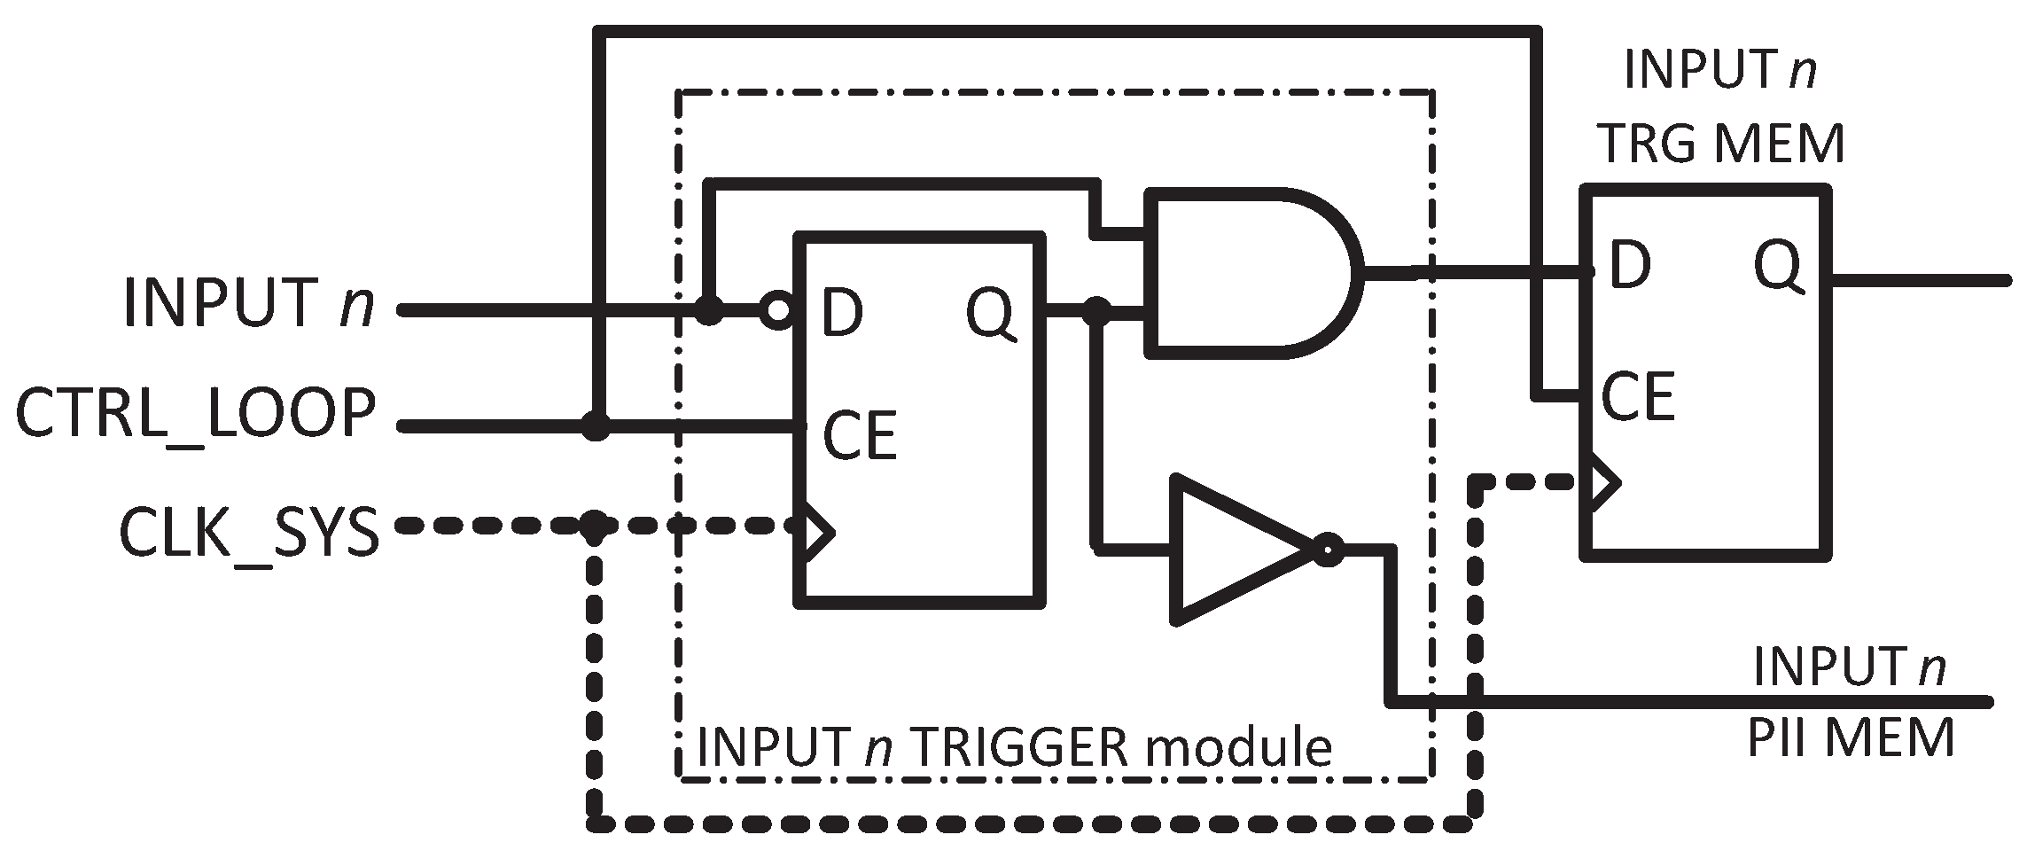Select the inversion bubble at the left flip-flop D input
(x=777, y=310)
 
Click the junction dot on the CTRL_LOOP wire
(x=596, y=426)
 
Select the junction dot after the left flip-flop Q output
(x=1098, y=310)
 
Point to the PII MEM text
(x=1851, y=737)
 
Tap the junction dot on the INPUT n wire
(x=707, y=310)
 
